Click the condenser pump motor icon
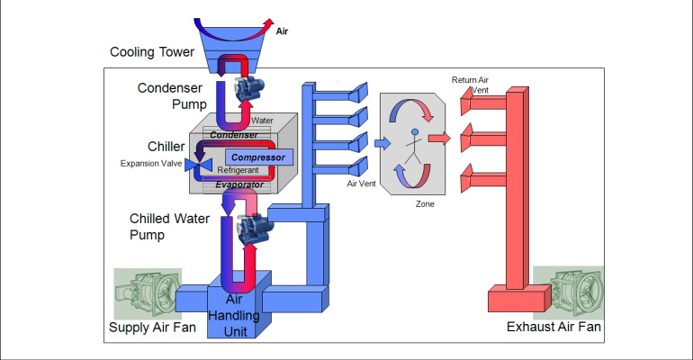click(x=248, y=88)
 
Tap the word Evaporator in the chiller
click(x=238, y=184)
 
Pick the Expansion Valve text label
click(x=150, y=164)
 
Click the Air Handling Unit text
click(x=240, y=316)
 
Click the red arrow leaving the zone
click(x=439, y=139)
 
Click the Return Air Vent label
click(x=470, y=85)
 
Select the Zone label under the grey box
click(x=425, y=204)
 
